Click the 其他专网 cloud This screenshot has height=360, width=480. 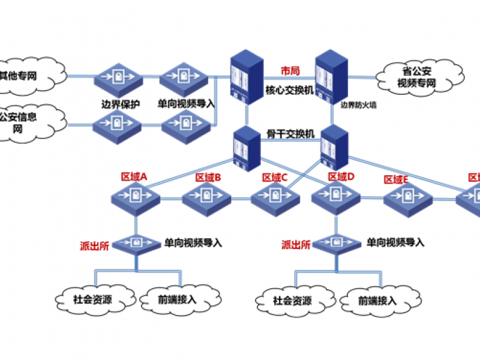pos(27,76)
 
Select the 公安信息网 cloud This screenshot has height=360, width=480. pos(24,122)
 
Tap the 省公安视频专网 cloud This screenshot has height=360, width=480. pos(420,77)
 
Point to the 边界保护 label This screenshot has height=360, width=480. pos(120,103)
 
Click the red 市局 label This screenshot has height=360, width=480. pos(290,71)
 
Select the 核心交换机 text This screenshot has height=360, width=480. pos(286,91)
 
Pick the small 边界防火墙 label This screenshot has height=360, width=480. pos(359,104)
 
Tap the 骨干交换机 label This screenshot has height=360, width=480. pos(291,133)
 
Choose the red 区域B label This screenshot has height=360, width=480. pos(208,178)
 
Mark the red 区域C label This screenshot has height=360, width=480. pos(275,177)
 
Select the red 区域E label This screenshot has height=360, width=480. pos(397,179)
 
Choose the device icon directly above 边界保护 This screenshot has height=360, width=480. pos(118,77)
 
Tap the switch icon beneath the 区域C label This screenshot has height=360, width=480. pos(275,197)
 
